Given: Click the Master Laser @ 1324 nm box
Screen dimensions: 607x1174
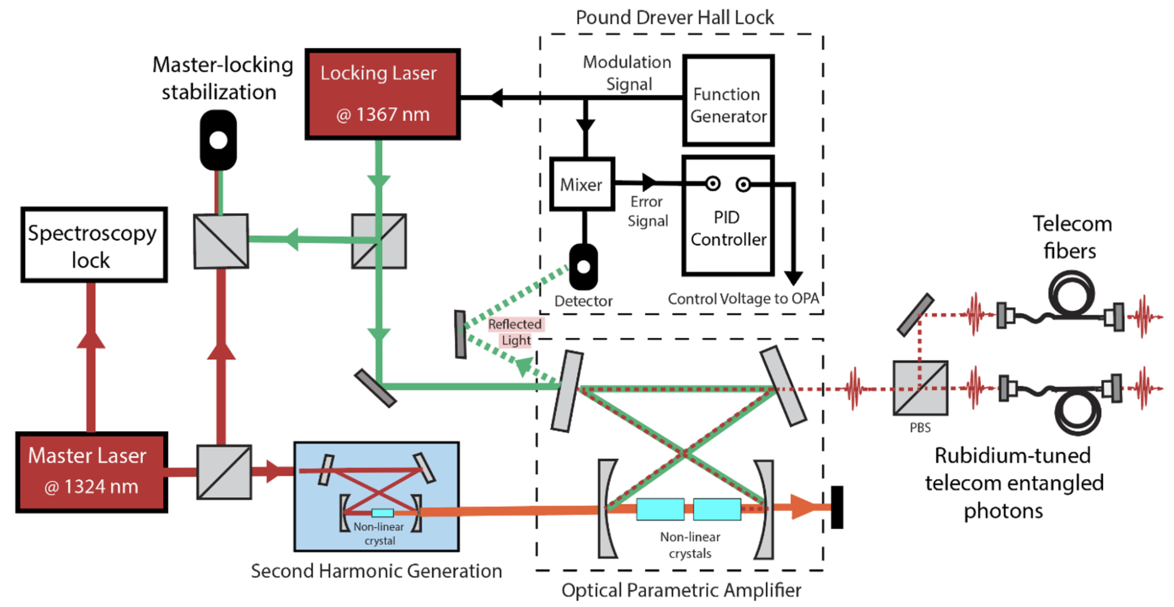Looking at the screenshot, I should tap(92, 472).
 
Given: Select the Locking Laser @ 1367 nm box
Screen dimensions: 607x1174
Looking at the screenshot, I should tap(382, 94).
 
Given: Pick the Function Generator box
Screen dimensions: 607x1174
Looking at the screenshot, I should tap(728, 100).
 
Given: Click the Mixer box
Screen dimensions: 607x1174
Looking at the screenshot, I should tap(582, 184).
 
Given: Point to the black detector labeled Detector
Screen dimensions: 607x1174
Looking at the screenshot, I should tap(583, 267).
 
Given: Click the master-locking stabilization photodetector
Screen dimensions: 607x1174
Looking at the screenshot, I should tap(218, 140).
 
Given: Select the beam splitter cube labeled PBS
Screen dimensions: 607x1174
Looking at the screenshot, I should tap(920, 388).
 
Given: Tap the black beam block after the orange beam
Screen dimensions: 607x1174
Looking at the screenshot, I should tap(837, 507).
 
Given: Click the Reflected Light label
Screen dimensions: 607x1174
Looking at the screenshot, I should tap(516, 332).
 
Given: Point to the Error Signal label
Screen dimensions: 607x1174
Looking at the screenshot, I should tap(647, 212).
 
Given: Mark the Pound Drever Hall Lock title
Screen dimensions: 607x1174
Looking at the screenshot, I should tap(675, 18).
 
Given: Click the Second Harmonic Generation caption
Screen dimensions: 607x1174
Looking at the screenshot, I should tap(376, 571).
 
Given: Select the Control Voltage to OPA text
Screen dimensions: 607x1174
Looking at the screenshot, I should tap(743, 299).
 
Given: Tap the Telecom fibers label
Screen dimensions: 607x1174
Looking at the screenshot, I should tap(1071, 237).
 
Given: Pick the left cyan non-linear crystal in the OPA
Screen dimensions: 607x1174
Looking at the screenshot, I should tap(660, 509).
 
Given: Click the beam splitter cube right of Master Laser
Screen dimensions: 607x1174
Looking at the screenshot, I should tap(224, 472).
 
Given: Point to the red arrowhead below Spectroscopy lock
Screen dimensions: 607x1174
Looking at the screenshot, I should tap(91, 339).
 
